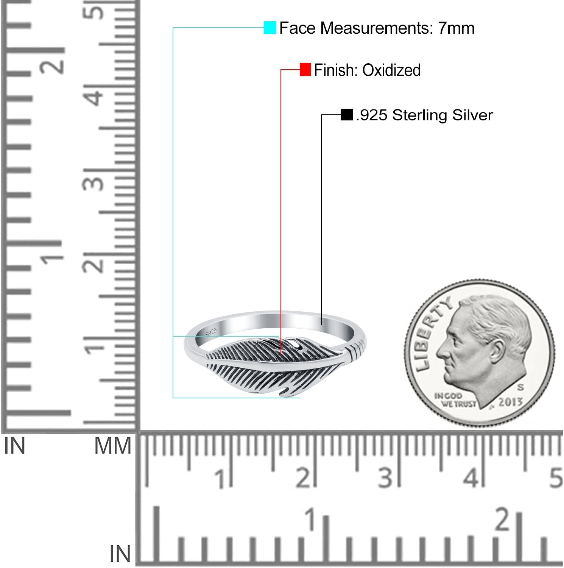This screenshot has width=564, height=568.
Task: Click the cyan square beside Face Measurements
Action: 270,28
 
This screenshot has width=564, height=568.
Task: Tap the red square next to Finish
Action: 305,70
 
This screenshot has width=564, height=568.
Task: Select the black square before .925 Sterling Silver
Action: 347,114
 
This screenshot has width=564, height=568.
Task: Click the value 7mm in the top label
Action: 456,28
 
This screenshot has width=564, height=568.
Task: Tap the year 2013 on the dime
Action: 510,401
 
